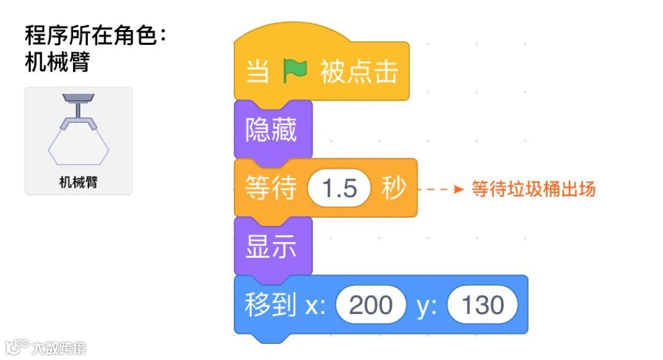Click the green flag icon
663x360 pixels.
tap(295, 72)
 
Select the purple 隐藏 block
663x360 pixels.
tap(271, 130)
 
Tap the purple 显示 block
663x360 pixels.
tap(271, 246)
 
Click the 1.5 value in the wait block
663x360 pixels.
tap(340, 188)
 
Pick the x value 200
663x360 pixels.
tap(370, 305)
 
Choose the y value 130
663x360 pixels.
tap(483, 305)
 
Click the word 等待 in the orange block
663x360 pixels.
tap(271, 188)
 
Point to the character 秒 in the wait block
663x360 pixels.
tap(394, 188)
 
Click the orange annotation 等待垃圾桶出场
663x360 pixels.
tap(533, 189)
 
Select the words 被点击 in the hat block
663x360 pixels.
tap(359, 72)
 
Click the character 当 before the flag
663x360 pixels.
tap(258, 72)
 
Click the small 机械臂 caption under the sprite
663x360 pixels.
tap(79, 182)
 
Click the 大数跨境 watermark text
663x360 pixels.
tap(59, 348)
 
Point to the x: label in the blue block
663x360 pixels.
tap(316, 305)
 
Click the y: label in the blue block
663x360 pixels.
tap(427, 305)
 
